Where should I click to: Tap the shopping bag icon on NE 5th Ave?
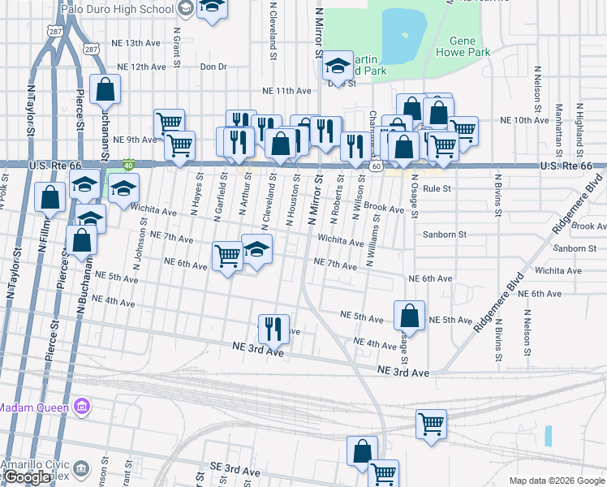click(x=410, y=316)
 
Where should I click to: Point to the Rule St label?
click(x=437, y=188)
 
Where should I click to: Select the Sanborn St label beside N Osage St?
click(x=446, y=234)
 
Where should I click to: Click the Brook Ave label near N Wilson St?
click(x=384, y=209)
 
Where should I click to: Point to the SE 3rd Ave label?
click(x=234, y=471)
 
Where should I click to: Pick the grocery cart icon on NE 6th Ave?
click(x=227, y=256)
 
